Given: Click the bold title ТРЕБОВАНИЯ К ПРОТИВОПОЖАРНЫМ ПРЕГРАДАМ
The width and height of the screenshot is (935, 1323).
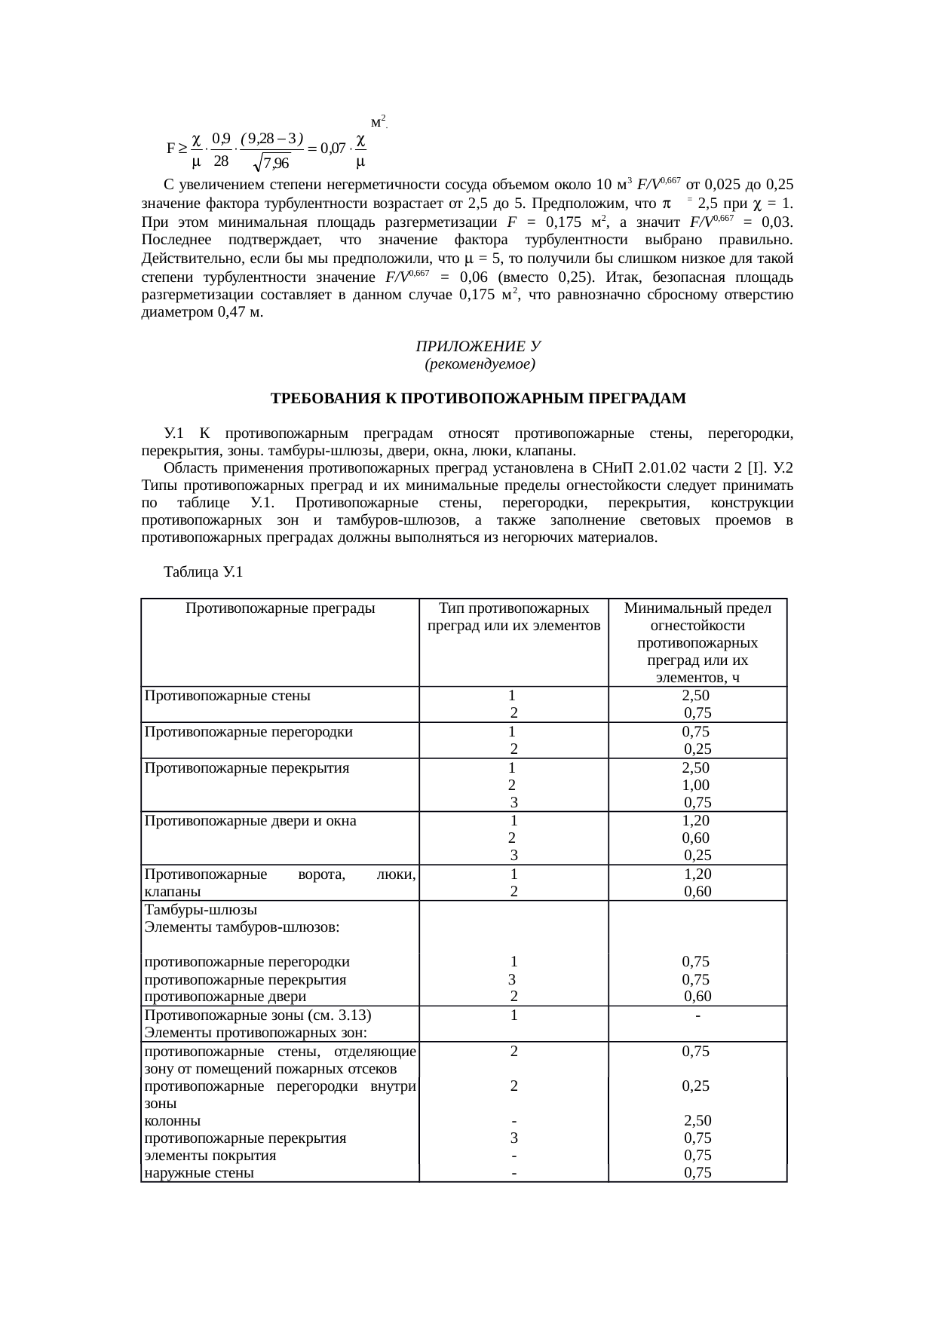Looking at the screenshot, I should coord(478,398).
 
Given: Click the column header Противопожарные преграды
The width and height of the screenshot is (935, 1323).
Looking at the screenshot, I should coord(280,608).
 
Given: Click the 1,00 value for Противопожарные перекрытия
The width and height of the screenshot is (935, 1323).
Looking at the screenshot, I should coord(695,785).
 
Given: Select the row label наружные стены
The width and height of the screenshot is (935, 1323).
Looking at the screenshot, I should coord(199,1173).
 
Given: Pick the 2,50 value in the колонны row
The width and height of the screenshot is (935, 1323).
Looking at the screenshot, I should coord(697,1121).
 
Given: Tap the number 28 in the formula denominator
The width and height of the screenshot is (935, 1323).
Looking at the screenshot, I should coord(221,161).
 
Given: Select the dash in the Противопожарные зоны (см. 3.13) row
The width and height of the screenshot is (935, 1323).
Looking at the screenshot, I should coord(699,1015).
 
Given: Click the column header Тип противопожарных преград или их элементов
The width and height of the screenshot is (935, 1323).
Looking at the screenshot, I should coord(513,617).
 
